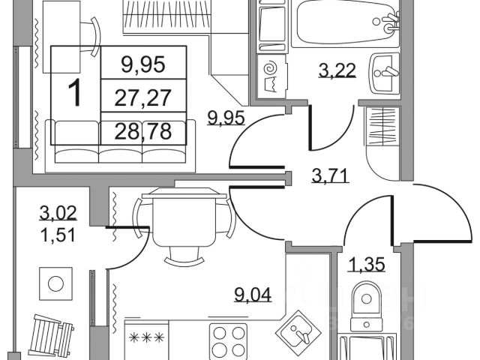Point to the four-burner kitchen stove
tap(227, 341)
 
